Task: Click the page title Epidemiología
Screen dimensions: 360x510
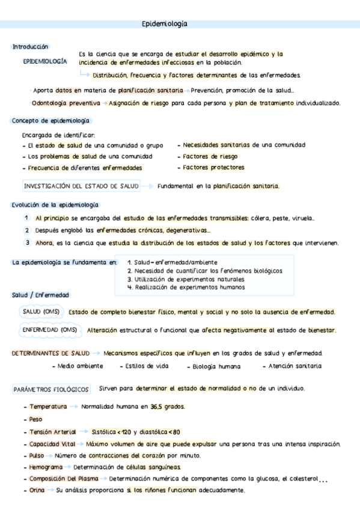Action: [164, 24]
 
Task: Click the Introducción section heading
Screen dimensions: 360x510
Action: [31, 47]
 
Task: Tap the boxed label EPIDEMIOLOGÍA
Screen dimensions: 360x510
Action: [45, 61]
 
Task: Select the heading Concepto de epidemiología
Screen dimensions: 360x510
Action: [50, 121]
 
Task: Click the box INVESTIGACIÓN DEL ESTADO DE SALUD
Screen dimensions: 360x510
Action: [81, 186]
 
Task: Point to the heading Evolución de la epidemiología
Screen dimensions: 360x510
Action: [55, 205]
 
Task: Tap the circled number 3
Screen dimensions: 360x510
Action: [28, 243]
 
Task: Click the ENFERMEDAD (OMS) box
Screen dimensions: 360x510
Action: [50, 330]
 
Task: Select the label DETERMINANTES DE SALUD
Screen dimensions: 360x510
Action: [51, 353]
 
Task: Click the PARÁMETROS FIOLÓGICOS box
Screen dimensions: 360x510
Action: [52, 389]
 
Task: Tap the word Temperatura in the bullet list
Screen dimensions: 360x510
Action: [48, 407]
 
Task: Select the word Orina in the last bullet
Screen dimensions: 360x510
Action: [37, 491]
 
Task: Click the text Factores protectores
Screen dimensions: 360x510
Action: [213, 168]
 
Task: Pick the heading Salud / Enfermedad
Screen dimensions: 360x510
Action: [40, 295]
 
